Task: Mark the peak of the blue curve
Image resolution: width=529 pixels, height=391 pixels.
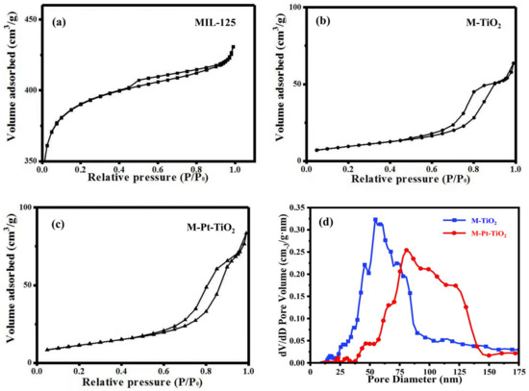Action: coord(375,219)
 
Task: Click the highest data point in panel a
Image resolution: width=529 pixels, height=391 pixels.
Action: coord(233,47)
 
